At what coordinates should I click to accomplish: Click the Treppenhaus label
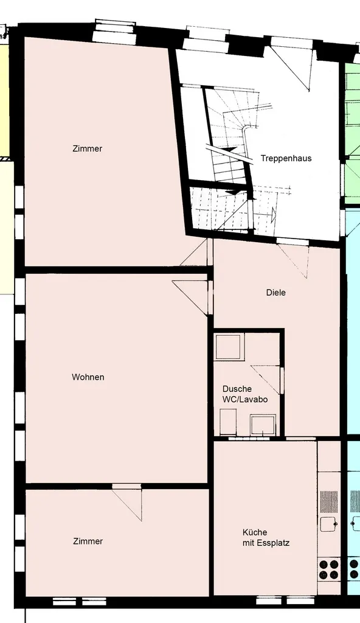pyautogui.click(x=286, y=158)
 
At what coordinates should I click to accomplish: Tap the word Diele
pyautogui.click(x=275, y=293)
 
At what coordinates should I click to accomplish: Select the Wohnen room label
pyautogui.click(x=88, y=377)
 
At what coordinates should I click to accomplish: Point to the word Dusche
pyautogui.click(x=237, y=389)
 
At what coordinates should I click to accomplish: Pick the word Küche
pyautogui.click(x=254, y=532)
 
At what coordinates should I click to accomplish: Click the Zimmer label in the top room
pyautogui.click(x=87, y=148)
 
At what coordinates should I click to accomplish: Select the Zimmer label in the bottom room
pyautogui.click(x=88, y=541)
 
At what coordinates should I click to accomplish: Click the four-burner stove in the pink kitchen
pyautogui.click(x=329, y=569)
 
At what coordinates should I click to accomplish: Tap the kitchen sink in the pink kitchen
pyautogui.click(x=329, y=524)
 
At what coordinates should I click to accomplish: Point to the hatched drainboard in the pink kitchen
pyautogui.click(x=329, y=501)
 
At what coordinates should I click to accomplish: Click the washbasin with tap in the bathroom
pyautogui.click(x=264, y=425)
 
